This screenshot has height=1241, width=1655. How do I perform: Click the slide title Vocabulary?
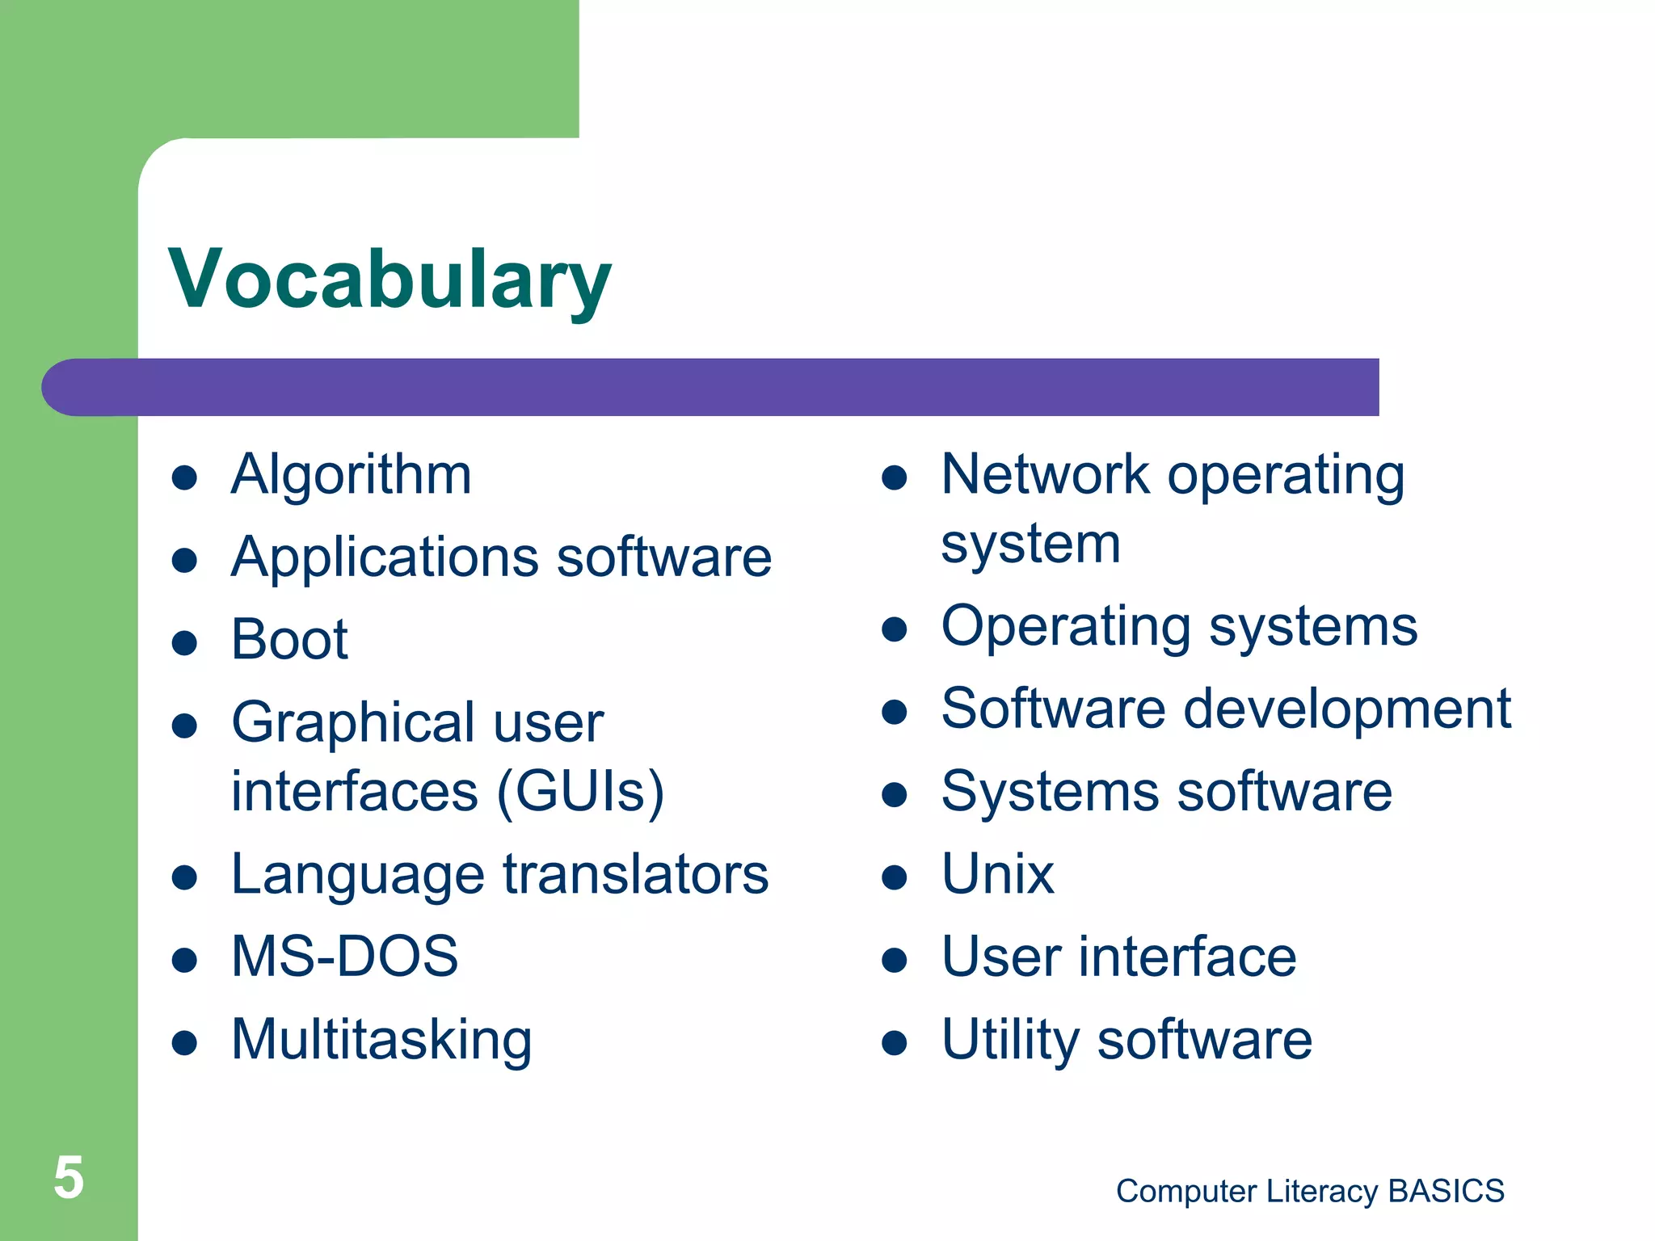390,279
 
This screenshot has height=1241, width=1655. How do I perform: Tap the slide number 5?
69,1177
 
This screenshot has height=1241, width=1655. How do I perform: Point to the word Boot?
289,640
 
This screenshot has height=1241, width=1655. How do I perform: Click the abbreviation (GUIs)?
580,791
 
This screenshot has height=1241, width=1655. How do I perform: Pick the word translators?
636,874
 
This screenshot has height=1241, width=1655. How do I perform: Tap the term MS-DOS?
344,957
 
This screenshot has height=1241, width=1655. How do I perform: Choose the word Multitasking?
381,1040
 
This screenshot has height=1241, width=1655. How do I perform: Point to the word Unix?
997,874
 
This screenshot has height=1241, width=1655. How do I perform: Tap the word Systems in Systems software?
1051,792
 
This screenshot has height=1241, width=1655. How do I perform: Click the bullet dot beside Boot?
185,643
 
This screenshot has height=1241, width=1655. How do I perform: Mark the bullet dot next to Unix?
895,877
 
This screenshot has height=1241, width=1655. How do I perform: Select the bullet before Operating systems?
895,629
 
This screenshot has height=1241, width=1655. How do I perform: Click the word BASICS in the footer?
1446,1191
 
